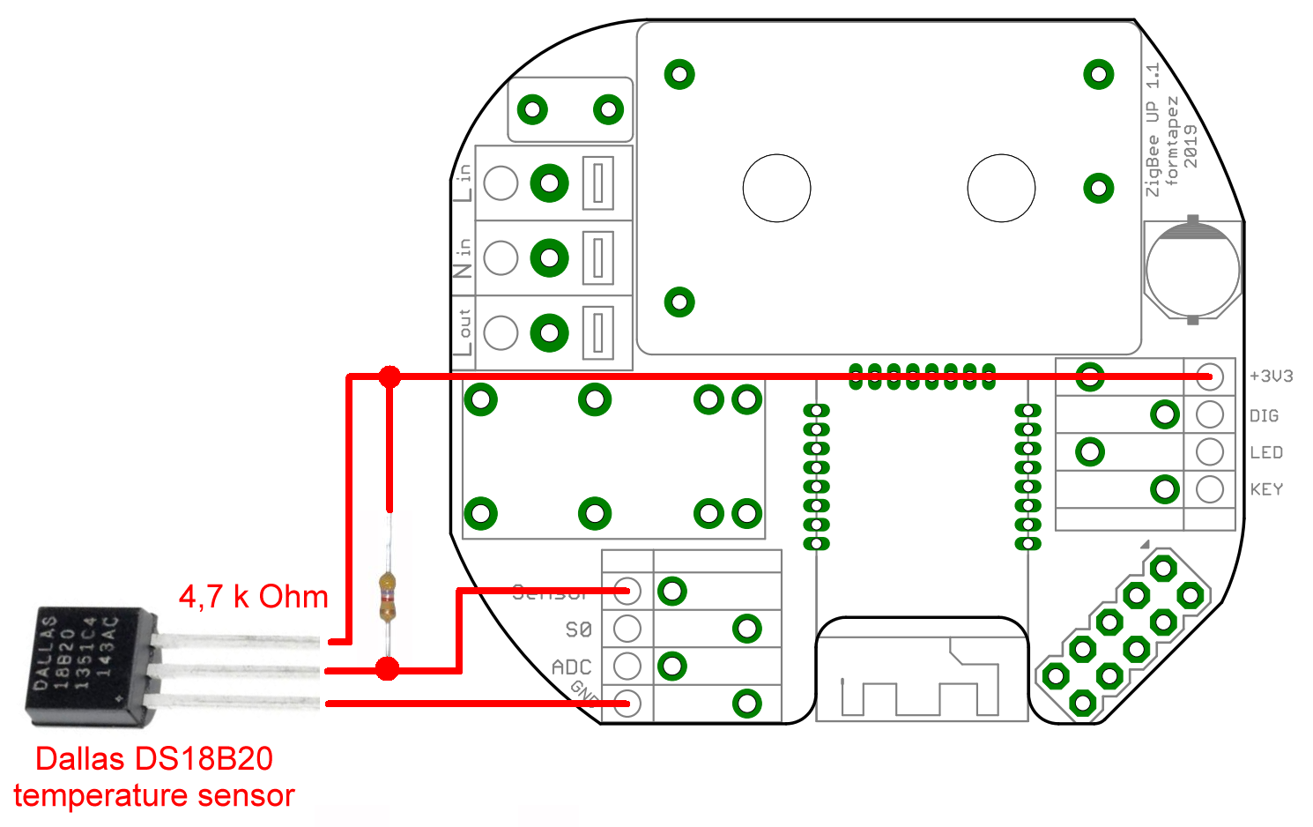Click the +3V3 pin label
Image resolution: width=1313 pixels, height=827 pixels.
click(1271, 376)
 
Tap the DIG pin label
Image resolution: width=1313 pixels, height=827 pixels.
click(1264, 415)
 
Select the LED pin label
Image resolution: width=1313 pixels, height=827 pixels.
click(1266, 452)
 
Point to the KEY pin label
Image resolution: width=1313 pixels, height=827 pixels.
click(1266, 489)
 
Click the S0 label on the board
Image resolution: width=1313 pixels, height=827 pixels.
click(578, 630)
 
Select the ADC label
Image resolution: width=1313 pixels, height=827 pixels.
click(571, 667)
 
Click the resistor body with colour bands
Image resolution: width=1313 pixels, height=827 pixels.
click(388, 597)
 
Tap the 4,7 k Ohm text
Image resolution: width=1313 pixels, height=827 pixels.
click(253, 597)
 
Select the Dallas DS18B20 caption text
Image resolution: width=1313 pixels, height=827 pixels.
click(154, 758)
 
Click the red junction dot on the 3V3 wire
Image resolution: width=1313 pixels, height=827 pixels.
click(389, 377)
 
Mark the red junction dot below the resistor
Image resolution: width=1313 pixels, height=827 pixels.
click(387, 669)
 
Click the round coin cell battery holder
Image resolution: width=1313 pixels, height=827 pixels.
click(1192, 269)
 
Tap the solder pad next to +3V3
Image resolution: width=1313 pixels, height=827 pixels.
click(1210, 376)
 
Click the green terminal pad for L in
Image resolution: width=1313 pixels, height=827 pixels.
click(549, 183)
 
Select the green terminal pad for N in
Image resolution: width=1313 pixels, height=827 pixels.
click(549, 258)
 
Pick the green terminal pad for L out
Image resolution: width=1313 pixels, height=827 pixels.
click(549, 333)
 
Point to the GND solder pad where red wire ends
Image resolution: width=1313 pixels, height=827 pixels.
click(627, 704)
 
